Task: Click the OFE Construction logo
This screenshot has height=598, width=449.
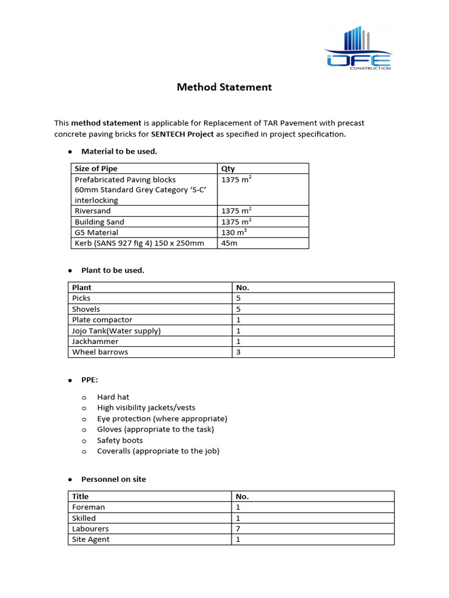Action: pos(358,49)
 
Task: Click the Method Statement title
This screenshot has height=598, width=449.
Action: pos(224,87)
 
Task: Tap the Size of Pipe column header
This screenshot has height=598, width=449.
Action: pos(96,169)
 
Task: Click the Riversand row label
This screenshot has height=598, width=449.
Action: pos(92,211)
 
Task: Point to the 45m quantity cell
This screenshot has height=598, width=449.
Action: pos(230,243)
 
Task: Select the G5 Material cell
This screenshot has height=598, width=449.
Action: pos(96,232)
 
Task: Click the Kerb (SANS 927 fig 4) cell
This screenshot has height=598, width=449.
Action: pos(139,243)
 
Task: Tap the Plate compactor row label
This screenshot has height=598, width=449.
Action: pos(102,320)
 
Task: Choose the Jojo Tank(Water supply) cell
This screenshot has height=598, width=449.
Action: pos(116,331)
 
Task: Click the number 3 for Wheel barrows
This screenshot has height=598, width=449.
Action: pos(238,352)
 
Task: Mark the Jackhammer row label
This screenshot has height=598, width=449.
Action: pos(95,341)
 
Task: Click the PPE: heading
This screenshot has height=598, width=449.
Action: pos(89,380)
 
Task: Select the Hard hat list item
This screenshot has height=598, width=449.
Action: pos(113,397)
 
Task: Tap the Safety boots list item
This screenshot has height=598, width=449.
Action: pos(120,440)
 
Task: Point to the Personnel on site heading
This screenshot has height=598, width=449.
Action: pos(113,479)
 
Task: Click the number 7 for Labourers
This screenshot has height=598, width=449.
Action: pos(238,529)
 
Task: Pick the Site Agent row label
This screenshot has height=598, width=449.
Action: pos(91,540)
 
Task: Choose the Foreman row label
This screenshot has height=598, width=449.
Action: pos(88,507)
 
